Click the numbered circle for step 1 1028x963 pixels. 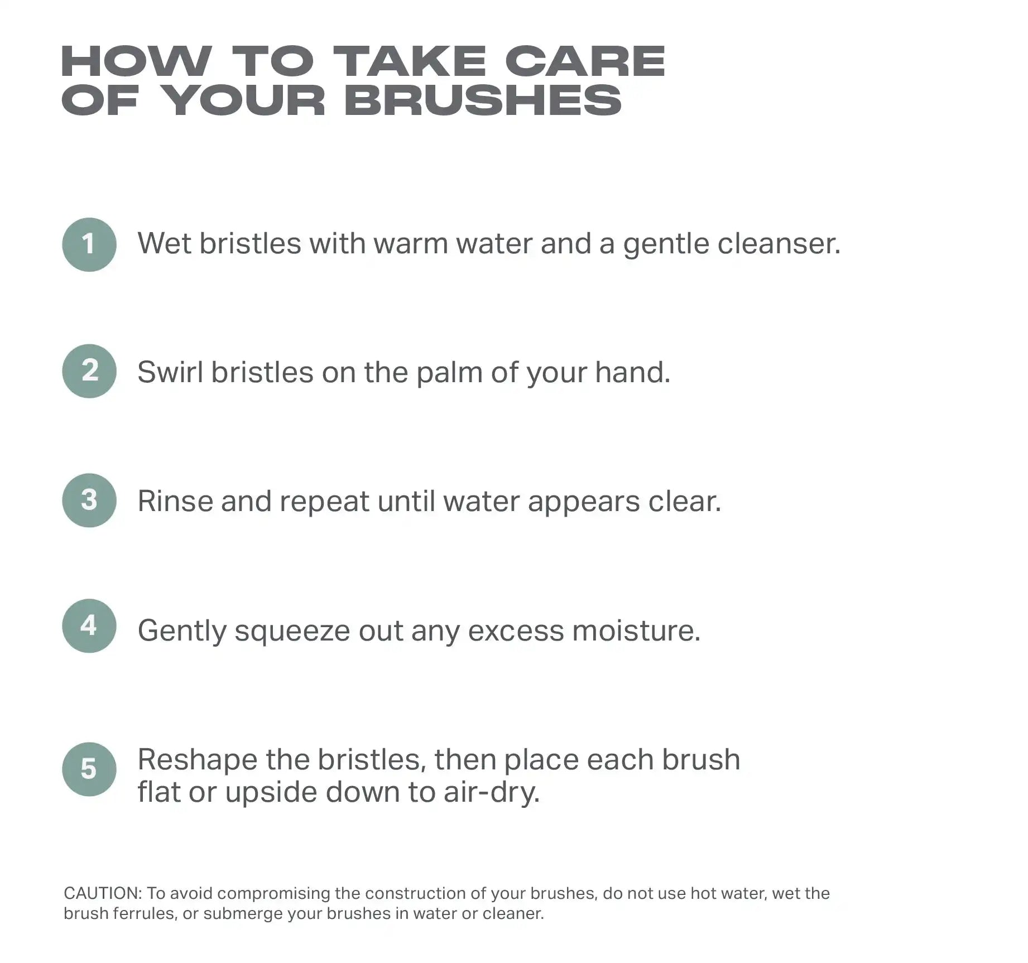tap(89, 244)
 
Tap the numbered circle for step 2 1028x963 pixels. tap(89, 371)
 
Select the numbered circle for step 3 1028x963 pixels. tap(89, 500)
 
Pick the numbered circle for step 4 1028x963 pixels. tap(89, 626)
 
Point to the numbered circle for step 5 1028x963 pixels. tap(89, 769)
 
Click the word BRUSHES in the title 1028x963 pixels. tap(483, 100)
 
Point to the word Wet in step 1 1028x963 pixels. tap(165, 244)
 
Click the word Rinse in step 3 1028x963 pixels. tap(175, 501)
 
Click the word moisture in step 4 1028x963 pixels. tap(636, 630)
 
